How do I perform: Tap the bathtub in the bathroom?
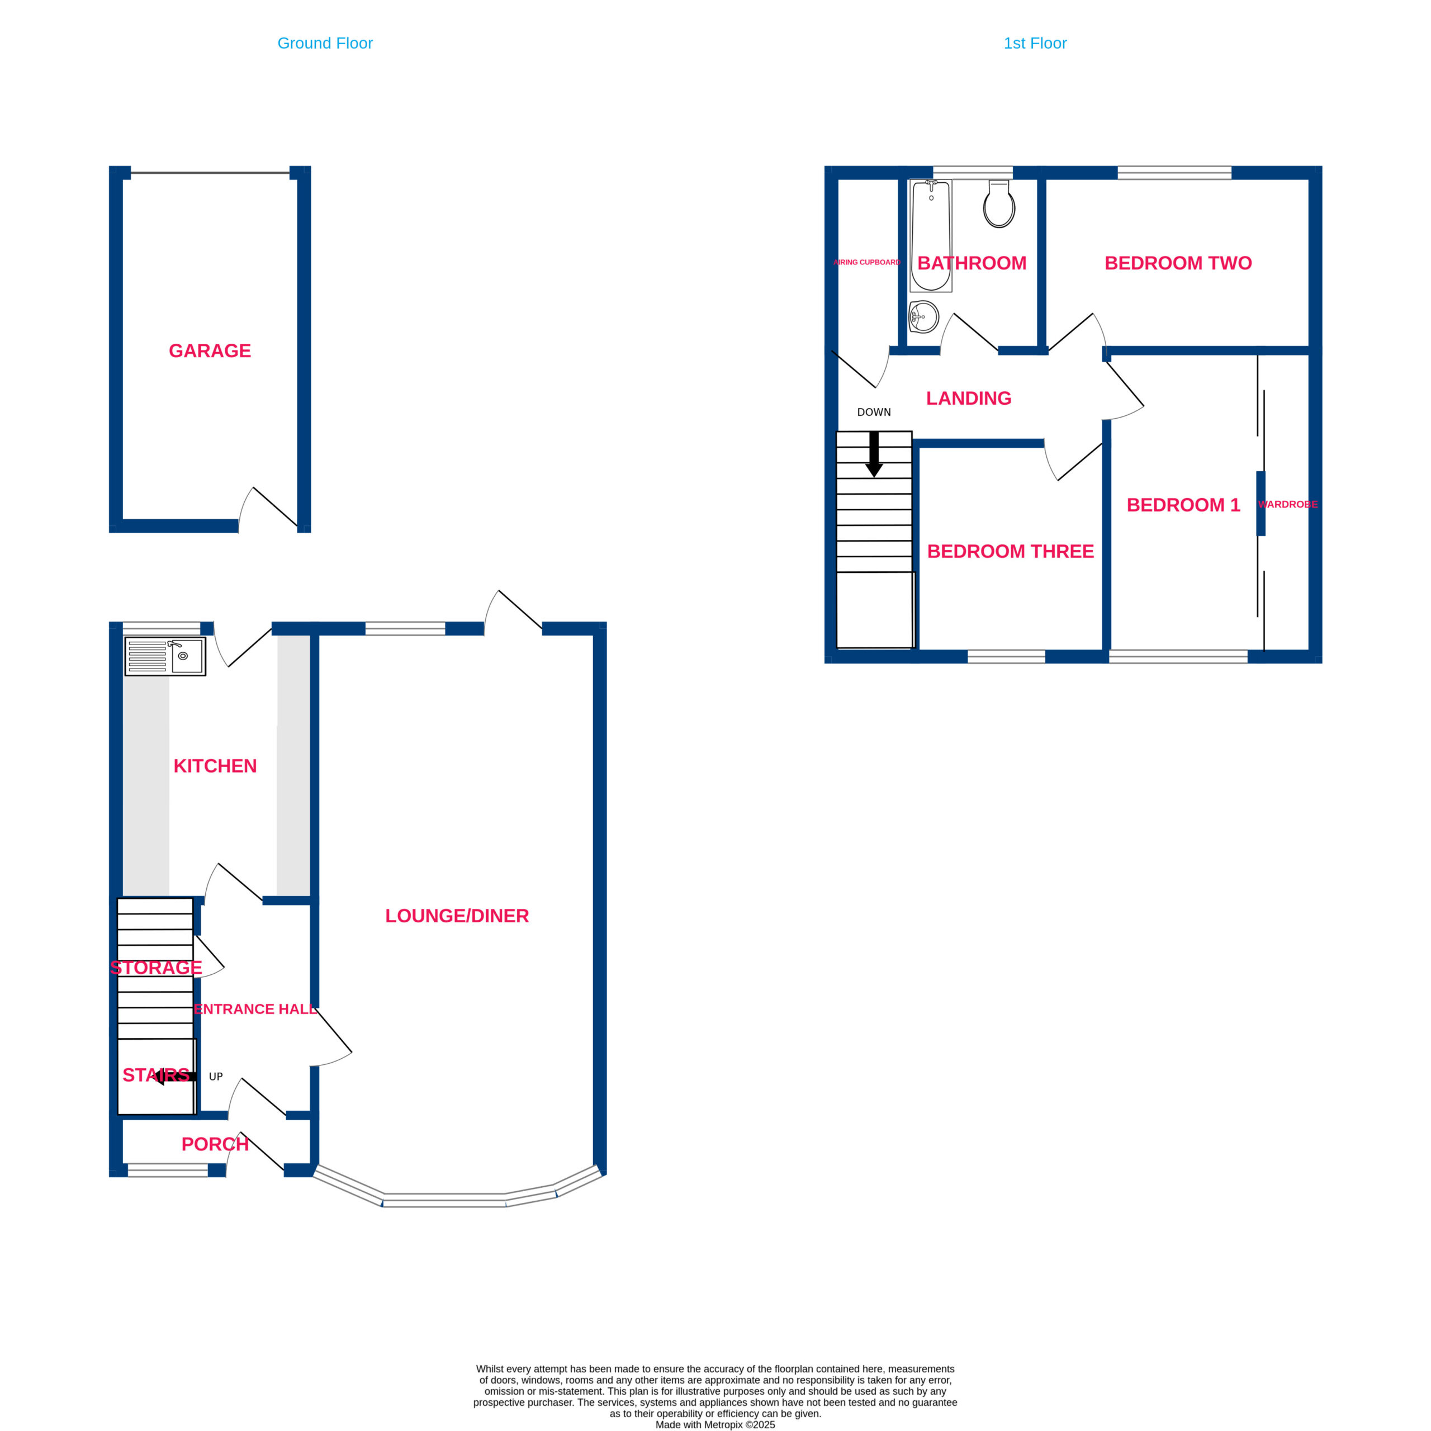click(931, 235)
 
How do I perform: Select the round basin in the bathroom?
click(923, 317)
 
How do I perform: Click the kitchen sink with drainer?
click(165, 656)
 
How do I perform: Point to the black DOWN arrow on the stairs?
click(874, 454)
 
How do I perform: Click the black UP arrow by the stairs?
click(175, 1076)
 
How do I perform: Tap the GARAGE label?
click(210, 350)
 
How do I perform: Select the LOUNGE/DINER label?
click(457, 916)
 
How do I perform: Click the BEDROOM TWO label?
click(1178, 263)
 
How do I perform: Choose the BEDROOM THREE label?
click(1010, 551)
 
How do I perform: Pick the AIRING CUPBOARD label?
click(866, 262)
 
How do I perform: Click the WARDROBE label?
click(1288, 504)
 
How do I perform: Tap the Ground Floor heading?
click(325, 43)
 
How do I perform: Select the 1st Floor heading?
click(1035, 43)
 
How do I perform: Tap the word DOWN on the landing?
click(874, 413)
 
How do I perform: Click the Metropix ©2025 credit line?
click(715, 1424)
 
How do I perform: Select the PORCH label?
click(215, 1144)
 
